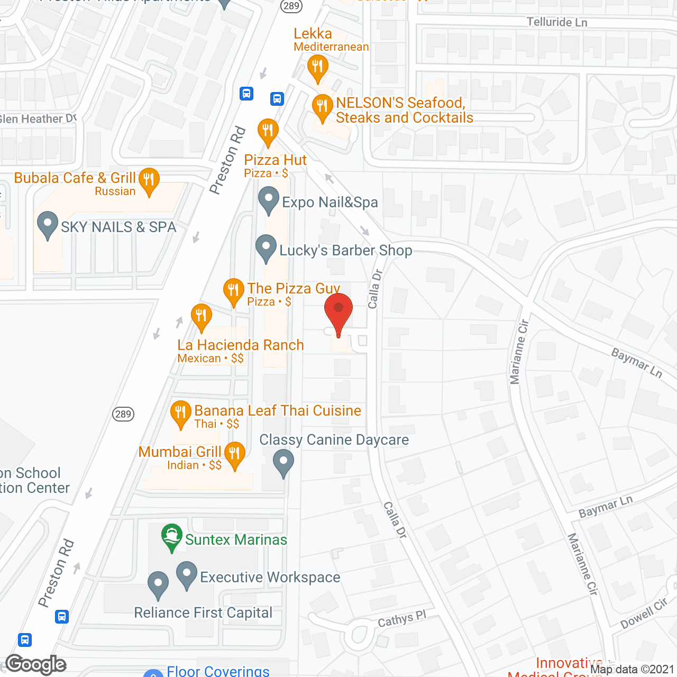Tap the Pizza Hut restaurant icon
[268, 131]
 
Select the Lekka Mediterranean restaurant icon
[317, 67]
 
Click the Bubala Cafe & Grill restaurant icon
[149, 180]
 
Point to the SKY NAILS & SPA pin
[48, 224]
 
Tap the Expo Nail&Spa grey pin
[269, 201]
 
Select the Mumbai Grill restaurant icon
[235, 454]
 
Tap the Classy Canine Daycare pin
[283, 462]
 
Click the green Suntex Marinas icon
[172, 537]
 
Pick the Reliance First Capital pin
[158, 584]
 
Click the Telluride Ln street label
[556, 22]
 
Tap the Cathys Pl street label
[402, 618]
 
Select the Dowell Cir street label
[644, 614]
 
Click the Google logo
[36, 665]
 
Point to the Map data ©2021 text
[632, 670]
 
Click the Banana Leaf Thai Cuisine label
[278, 411]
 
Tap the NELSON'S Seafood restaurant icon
[322, 107]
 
